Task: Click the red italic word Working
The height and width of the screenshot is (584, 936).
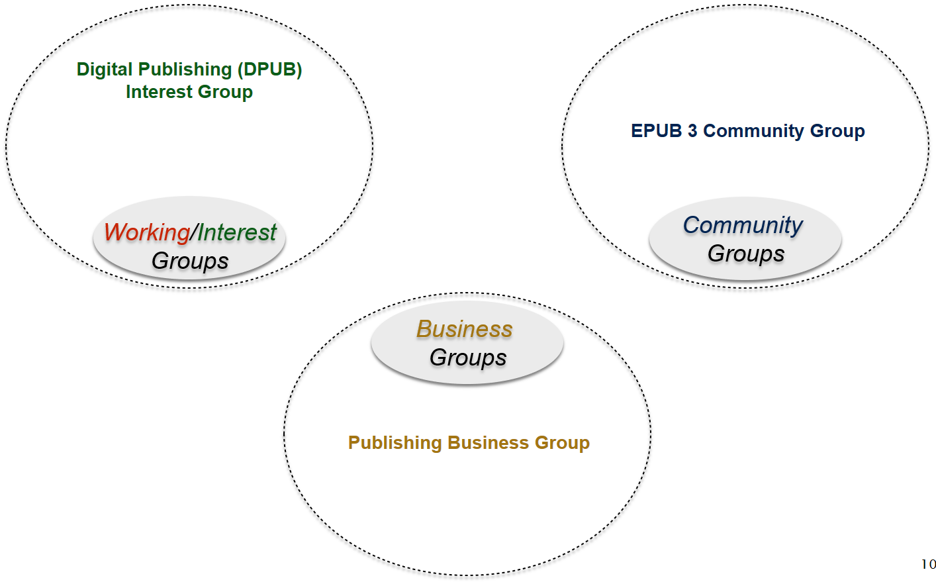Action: (x=147, y=232)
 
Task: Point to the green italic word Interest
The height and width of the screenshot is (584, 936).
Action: (x=236, y=232)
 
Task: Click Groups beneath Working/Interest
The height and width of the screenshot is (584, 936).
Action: (x=190, y=261)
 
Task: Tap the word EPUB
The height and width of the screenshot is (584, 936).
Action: (x=656, y=131)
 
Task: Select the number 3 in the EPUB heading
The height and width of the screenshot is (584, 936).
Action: (x=692, y=131)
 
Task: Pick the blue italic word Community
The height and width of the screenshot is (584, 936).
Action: (x=743, y=225)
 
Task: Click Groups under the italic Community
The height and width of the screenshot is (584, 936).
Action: (x=746, y=254)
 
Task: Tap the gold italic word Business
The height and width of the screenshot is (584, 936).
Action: (x=464, y=329)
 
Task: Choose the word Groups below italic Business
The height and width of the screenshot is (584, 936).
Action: (x=468, y=358)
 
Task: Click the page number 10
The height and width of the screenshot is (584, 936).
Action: (x=928, y=564)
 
